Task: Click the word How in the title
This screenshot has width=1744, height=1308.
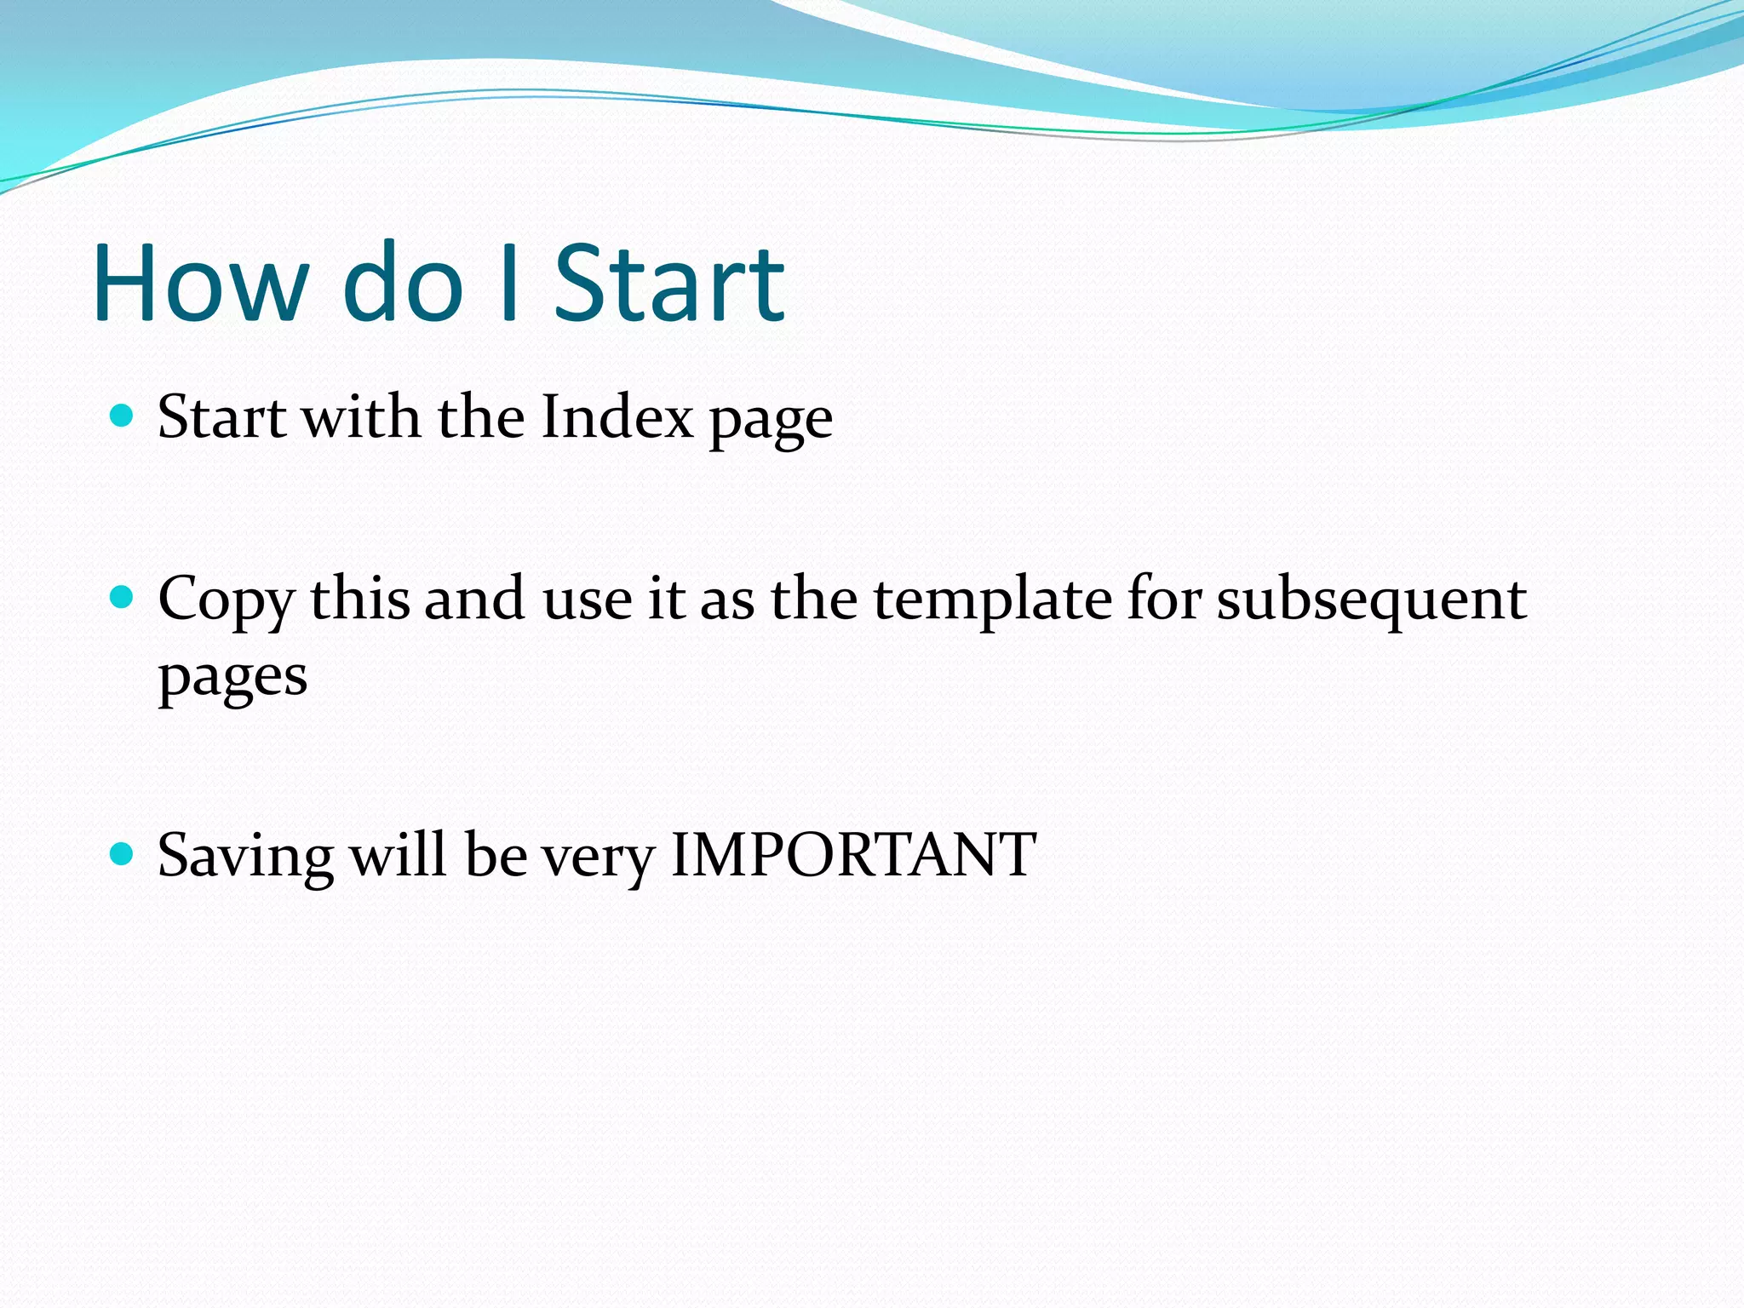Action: click(x=201, y=283)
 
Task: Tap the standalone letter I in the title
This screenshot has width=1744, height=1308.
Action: click(x=509, y=283)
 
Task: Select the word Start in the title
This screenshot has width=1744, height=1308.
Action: click(x=669, y=283)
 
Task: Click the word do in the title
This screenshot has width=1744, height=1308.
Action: click(x=403, y=283)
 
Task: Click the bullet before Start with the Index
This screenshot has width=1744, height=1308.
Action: click(x=123, y=416)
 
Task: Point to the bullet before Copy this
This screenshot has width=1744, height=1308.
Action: click(x=123, y=597)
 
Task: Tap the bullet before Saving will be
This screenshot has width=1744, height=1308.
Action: click(x=123, y=853)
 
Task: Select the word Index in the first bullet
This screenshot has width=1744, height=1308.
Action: click(x=617, y=417)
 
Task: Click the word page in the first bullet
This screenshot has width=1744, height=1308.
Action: click(x=772, y=422)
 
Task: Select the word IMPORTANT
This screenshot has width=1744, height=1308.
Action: click(x=853, y=855)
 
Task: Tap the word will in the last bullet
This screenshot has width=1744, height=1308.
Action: click(x=398, y=855)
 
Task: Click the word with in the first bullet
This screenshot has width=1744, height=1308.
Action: click(x=361, y=417)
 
